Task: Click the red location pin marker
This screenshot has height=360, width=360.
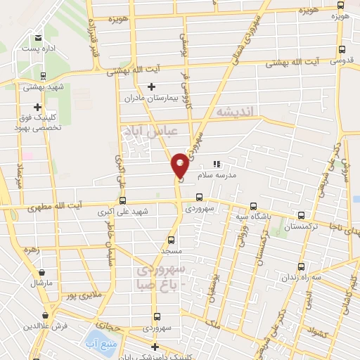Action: (180, 165)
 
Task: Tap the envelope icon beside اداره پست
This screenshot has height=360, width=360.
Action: (37, 38)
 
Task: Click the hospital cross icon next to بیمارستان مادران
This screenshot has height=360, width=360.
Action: (151, 86)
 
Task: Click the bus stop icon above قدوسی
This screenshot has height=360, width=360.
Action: (342, 49)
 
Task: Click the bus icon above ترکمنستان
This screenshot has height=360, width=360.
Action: (301, 216)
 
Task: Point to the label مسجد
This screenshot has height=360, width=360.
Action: (171, 250)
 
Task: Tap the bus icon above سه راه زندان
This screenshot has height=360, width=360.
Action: (302, 266)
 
